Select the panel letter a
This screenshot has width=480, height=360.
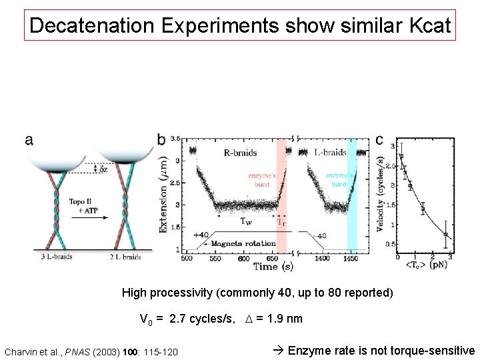tap(29, 139)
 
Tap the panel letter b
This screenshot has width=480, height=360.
tap(162, 139)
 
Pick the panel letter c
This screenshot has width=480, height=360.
tap(379, 139)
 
